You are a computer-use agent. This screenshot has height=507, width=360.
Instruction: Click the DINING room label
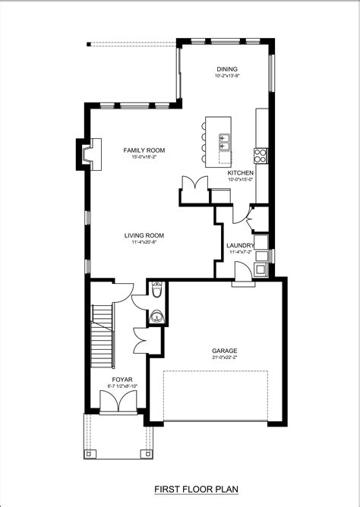[227, 69]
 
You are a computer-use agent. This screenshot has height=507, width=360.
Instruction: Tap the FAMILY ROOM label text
[144, 150]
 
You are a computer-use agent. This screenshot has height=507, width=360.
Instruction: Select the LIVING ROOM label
[144, 235]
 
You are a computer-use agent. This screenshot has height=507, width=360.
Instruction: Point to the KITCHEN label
[240, 172]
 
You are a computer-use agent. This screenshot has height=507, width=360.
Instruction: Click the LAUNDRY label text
[240, 245]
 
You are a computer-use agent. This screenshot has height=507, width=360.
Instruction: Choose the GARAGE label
[225, 351]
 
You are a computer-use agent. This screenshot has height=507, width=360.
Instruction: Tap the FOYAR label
[122, 379]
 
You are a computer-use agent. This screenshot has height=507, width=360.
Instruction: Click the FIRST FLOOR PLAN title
[196, 490]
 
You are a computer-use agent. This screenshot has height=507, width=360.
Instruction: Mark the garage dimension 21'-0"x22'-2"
[225, 357]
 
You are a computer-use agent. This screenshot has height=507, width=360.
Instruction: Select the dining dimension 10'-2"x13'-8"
[227, 76]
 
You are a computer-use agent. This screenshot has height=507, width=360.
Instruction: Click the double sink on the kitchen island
[224, 142]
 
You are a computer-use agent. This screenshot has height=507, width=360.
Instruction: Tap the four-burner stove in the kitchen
[261, 155]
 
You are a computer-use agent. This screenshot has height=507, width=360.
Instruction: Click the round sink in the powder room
[157, 316]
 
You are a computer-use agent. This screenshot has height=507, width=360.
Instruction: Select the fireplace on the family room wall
[89, 154]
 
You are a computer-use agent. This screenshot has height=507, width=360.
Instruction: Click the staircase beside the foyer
[103, 336]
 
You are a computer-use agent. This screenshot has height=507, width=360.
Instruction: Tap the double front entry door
[118, 402]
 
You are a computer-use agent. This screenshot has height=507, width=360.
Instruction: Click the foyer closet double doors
[141, 342]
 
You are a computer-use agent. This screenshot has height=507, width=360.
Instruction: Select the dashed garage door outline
[216, 395]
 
